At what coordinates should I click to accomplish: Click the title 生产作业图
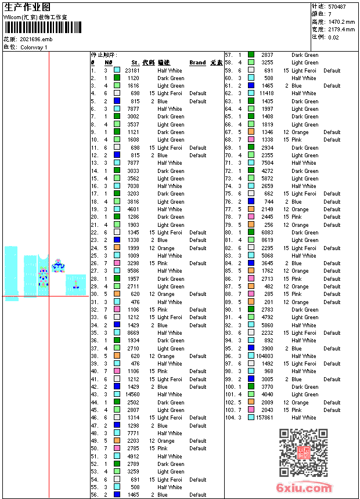[27, 7]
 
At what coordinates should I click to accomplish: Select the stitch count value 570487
[337, 6]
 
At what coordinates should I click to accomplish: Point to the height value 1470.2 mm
[341, 21]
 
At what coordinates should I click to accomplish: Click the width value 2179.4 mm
[341, 29]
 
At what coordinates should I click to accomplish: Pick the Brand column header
[197, 63]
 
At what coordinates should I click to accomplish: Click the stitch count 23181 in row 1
[132, 70]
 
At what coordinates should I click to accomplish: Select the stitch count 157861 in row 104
[265, 418]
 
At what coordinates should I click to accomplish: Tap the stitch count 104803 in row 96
[265, 356]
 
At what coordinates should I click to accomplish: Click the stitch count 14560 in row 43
[132, 395]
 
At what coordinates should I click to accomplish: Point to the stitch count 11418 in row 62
[267, 93]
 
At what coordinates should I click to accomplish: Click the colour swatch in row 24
[117, 248]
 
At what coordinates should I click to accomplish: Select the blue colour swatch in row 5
[117, 101]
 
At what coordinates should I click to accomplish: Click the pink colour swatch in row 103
[251, 410]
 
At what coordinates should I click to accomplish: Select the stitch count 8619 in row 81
[267, 240]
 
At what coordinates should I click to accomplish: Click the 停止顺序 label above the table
[104, 55]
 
